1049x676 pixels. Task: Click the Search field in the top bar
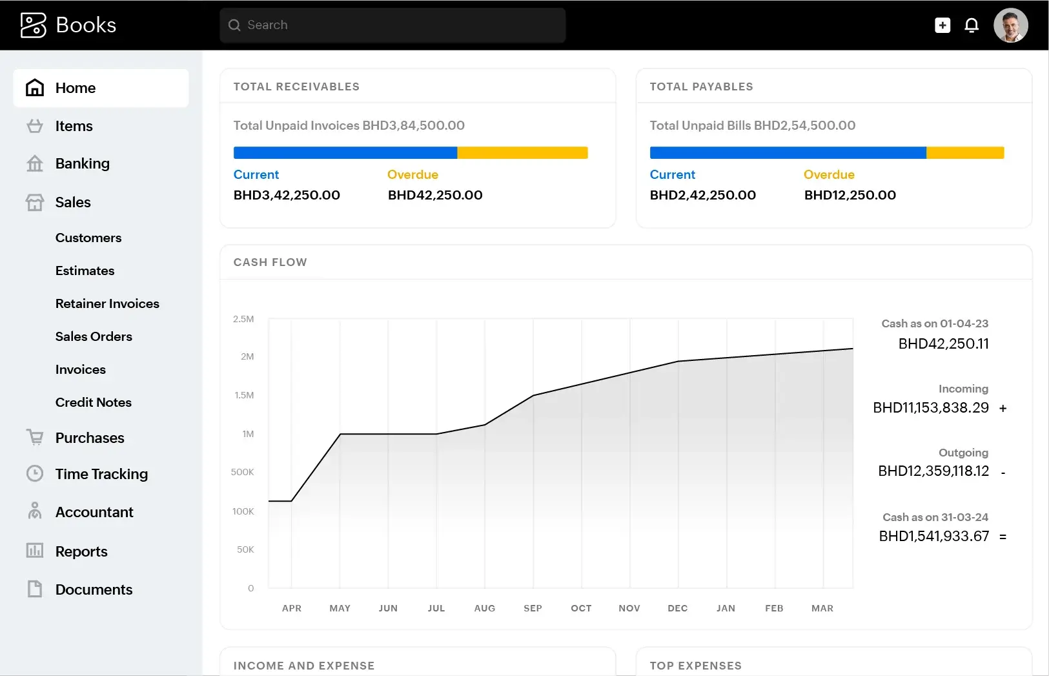(392, 25)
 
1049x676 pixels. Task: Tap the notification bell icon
(971, 25)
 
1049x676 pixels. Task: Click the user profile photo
(1010, 25)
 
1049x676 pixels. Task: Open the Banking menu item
(82, 163)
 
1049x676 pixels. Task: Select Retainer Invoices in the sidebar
(107, 303)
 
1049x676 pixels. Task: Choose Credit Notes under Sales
(93, 402)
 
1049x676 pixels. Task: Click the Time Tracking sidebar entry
(101, 474)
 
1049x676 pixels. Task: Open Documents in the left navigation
(94, 589)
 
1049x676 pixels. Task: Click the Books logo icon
(34, 25)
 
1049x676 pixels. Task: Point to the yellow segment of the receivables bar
(522, 153)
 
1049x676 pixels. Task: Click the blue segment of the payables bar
(788, 153)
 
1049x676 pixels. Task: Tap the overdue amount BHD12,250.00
(850, 195)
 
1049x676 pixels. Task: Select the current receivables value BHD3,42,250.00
(287, 195)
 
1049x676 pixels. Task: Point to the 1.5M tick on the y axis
(244, 395)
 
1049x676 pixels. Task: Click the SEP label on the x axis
(533, 608)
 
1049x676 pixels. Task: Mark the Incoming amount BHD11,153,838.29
(930, 408)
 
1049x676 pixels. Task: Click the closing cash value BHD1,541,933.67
(933, 537)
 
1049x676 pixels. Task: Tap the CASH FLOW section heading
(270, 262)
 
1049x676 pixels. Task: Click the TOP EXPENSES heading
(695, 666)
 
